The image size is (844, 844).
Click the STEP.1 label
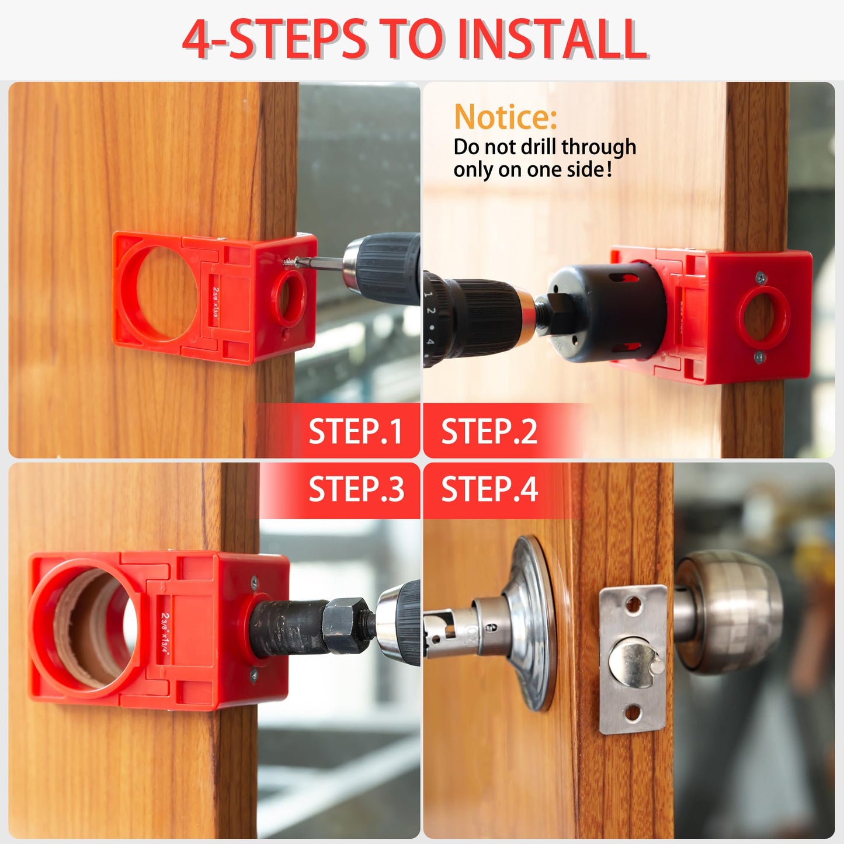click(355, 432)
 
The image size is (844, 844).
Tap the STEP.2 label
click(489, 432)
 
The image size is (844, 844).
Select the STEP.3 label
click(356, 489)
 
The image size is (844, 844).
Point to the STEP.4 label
click(489, 489)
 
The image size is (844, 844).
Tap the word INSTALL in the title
click(552, 40)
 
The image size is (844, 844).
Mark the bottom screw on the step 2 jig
click(759, 356)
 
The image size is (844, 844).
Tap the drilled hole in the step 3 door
click(88, 628)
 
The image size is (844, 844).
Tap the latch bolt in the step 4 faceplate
click(637, 662)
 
